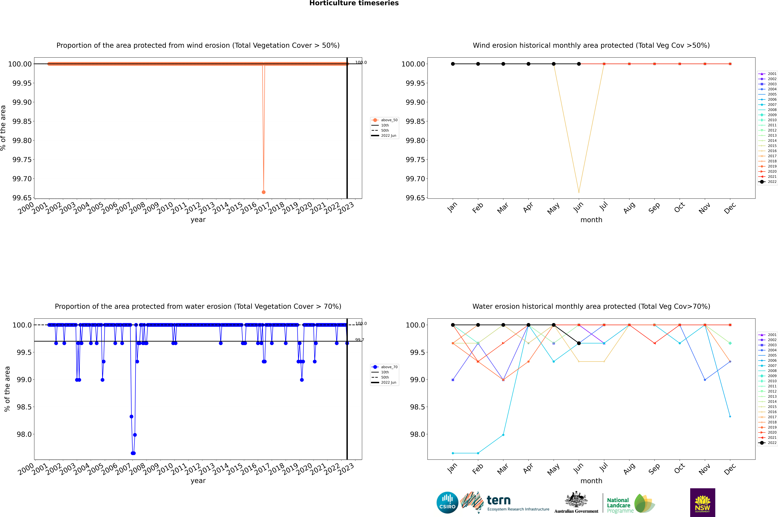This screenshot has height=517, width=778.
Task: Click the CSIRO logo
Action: (x=447, y=503)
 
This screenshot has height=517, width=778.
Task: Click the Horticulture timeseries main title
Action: (x=354, y=3)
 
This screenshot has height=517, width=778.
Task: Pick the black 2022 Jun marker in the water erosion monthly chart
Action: (x=579, y=343)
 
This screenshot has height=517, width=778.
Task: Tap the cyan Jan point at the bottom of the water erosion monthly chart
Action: (x=453, y=453)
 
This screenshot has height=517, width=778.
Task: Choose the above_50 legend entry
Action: (x=385, y=120)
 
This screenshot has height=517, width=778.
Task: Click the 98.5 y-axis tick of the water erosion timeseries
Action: (x=24, y=407)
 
